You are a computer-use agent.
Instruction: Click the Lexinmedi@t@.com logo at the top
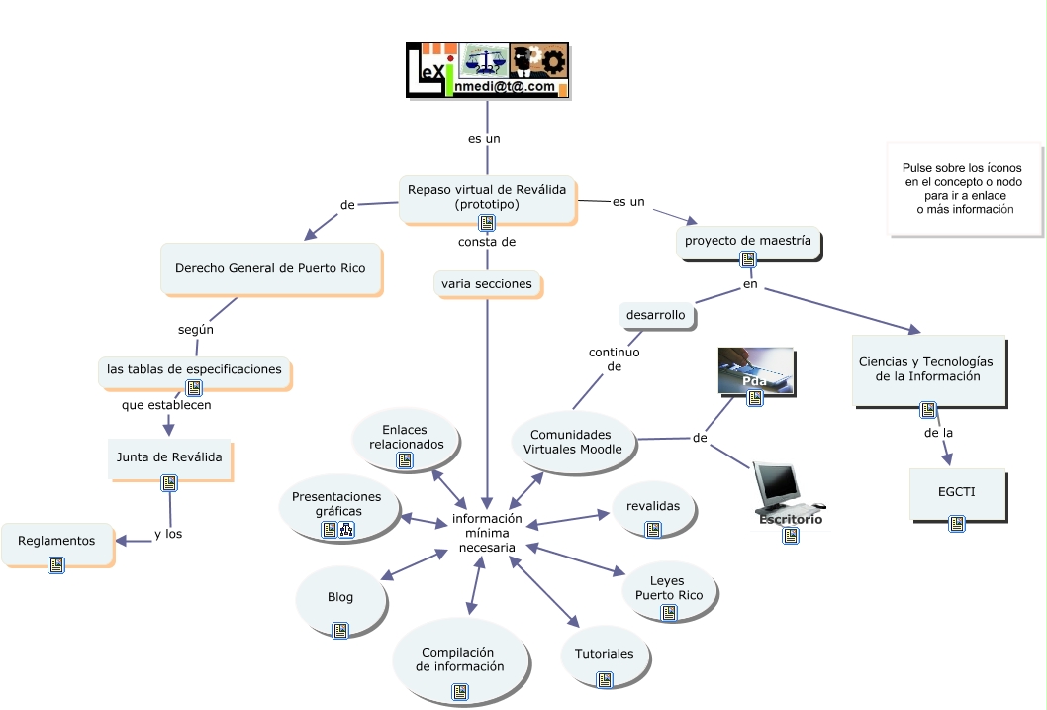point(488,70)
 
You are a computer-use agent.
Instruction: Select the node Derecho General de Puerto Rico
point(271,268)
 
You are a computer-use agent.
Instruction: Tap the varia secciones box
point(488,284)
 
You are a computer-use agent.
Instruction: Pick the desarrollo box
point(656,315)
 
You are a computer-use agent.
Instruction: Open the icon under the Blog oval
point(340,630)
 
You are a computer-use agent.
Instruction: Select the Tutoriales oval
point(605,656)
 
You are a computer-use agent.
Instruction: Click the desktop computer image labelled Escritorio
point(790,493)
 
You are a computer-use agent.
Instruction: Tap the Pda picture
point(756,370)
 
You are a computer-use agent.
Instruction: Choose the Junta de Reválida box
point(169,458)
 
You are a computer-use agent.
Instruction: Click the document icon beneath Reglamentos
point(56,565)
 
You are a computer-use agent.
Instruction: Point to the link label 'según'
point(196,330)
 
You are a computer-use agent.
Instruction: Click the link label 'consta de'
point(487,242)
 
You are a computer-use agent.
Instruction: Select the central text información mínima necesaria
point(488,533)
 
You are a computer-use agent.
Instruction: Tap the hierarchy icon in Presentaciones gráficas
point(346,530)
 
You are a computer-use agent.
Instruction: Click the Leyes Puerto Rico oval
point(669,592)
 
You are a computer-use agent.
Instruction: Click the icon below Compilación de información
point(460,692)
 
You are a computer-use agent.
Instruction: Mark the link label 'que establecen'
point(166,405)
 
